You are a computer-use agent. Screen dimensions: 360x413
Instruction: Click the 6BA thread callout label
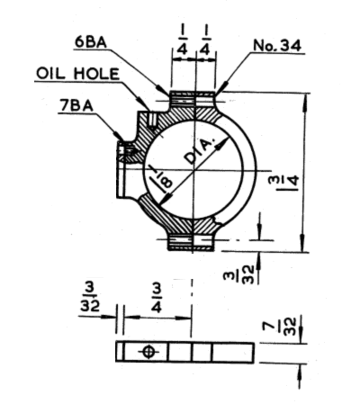click(91, 42)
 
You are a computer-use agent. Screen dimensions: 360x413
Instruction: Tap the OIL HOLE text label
click(77, 74)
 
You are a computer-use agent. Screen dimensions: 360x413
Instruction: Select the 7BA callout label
click(76, 105)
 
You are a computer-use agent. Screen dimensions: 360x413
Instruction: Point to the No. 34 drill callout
click(277, 46)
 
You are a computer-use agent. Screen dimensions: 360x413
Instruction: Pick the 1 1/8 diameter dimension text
click(161, 180)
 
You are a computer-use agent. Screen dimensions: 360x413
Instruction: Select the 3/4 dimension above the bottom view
click(157, 298)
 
